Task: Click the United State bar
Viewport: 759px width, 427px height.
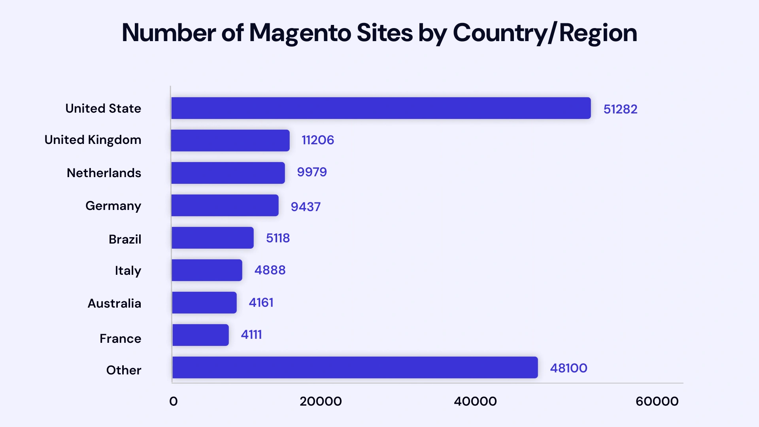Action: pyautogui.click(x=381, y=108)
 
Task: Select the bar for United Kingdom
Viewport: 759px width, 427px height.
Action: pyautogui.click(x=230, y=140)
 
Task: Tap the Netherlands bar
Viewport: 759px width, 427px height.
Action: pyautogui.click(x=228, y=173)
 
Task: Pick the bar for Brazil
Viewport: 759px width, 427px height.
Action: pyautogui.click(x=212, y=238)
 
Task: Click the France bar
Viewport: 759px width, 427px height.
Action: pyautogui.click(x=200, y=335)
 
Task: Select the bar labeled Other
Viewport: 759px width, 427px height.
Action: pyautogui.click(x=355, y=367)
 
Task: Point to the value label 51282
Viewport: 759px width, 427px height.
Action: pyautogui.click(x=620, y=109)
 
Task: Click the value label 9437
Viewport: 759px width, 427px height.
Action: pyautogui.click(x=305, y=206)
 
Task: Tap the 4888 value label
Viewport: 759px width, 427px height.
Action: pyautogui.click(x=270, y=270)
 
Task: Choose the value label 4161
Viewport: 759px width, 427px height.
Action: pyautogui.click(x=261, y=302)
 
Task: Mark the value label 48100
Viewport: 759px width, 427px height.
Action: pyautogui.click(x=568, y=368)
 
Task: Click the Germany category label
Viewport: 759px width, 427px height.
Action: pyautogui.click(x=113, y=206)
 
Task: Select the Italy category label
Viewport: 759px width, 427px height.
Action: pyautogui.click(x=128, y=271)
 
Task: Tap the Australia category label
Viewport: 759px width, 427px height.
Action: pyautogui.click(x=114, y=303)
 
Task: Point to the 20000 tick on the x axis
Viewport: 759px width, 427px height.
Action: pyautogui.click(x=320, y=401)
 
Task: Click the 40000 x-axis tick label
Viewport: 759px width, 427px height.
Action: pyautogui.click(x=475, y=401)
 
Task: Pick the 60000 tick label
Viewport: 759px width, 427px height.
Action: pyautogui.click(x=657, y=401)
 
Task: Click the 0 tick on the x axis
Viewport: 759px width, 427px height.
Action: pyautogui.click(x=173, y=401)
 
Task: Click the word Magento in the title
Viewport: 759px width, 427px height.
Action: pyautogui.click(x=300, y=33)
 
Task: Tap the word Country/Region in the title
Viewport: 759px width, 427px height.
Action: pyautogui.click(x=544, y=33)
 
